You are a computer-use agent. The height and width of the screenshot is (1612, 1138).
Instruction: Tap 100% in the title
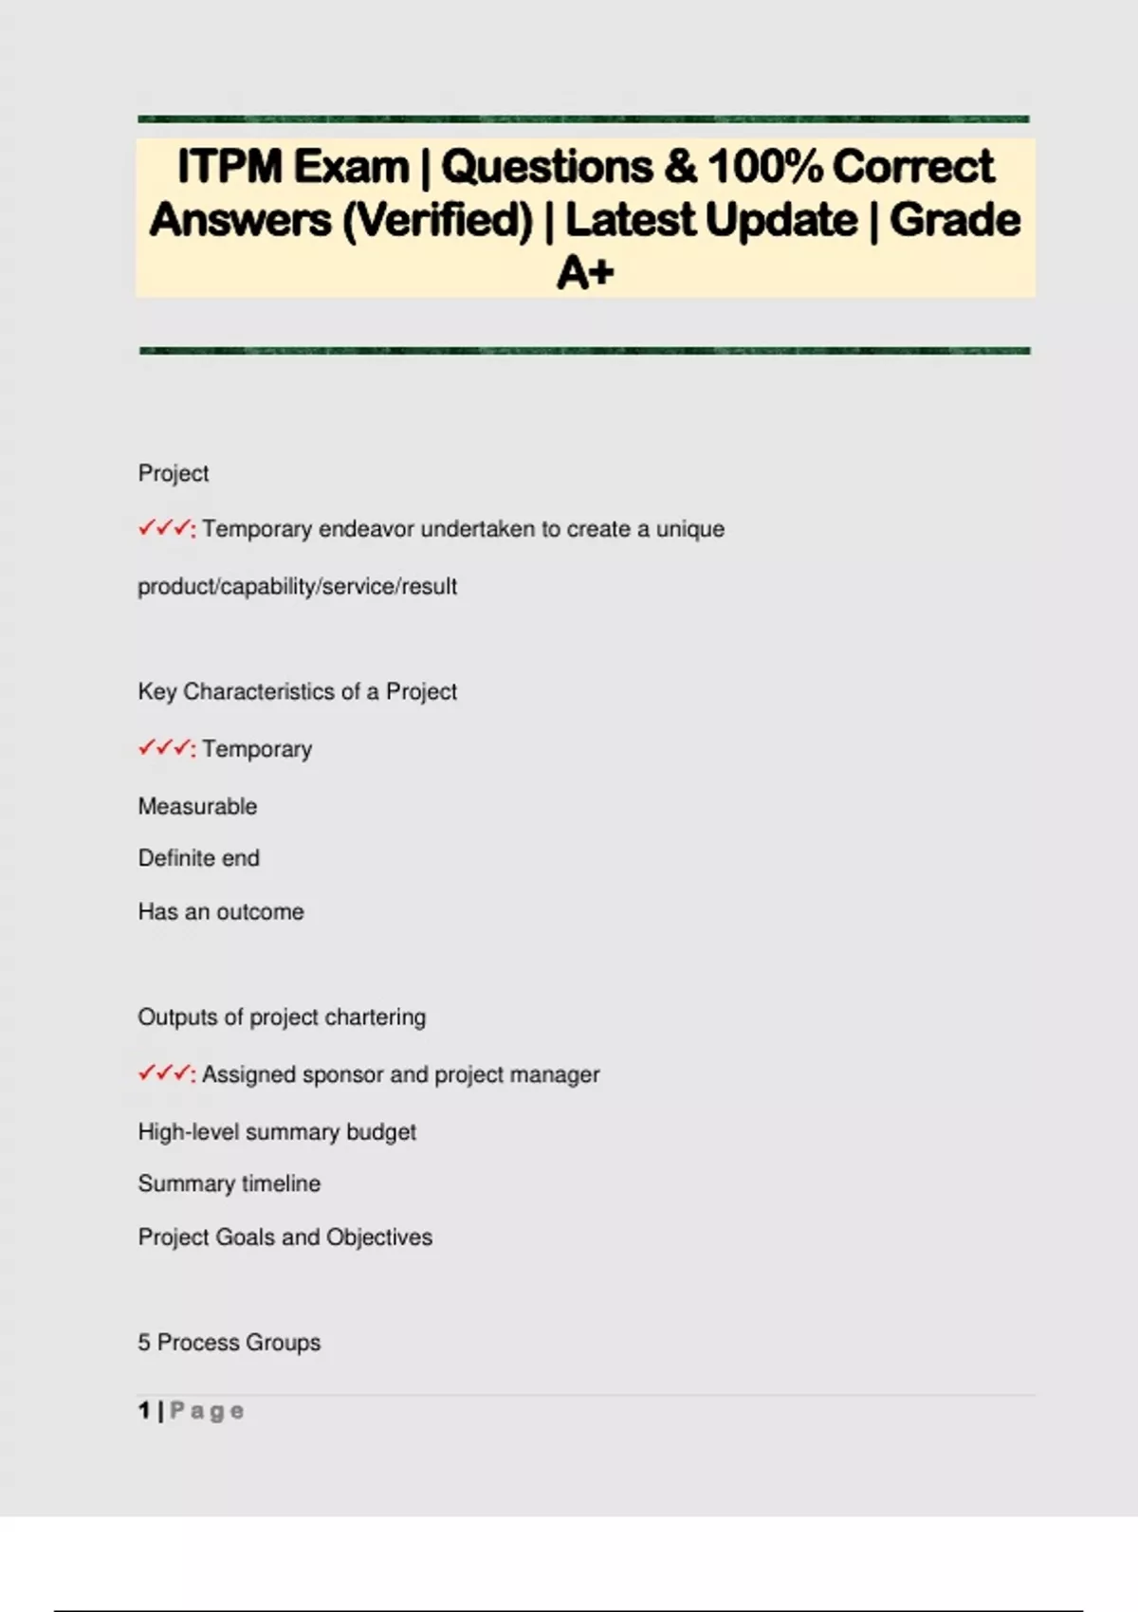[x=764, y=167]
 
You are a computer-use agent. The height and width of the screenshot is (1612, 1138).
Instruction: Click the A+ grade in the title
[x=585, y=274]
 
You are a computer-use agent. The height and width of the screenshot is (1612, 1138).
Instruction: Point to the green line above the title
[x=583, y=119]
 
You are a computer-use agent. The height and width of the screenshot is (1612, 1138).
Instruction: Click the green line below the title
[x=584, y=351]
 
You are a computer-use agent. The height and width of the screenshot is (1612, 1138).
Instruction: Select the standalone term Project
[x=174, y=473]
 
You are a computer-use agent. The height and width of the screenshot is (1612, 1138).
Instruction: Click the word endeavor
[x=365, y=529]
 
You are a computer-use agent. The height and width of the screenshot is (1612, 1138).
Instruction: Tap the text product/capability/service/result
[x=297, y=587]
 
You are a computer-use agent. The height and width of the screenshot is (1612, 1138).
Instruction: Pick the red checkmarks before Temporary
[x=165, y=748]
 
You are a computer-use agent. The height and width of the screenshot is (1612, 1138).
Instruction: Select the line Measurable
[x=197, y=807]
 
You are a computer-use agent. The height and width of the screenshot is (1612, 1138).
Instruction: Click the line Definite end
[x=198, y=858]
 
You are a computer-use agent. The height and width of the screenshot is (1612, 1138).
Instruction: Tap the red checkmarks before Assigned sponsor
[x=165, y=1073]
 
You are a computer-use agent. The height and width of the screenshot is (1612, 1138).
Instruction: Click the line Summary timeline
[x=229, y=1184]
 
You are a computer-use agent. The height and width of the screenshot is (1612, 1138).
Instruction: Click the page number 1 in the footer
[x=144, y=1411]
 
